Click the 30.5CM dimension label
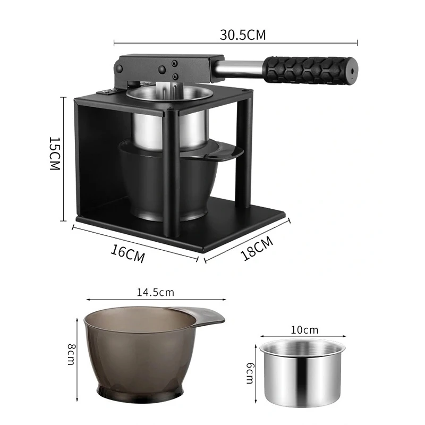242,35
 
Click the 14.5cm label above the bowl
156,292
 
